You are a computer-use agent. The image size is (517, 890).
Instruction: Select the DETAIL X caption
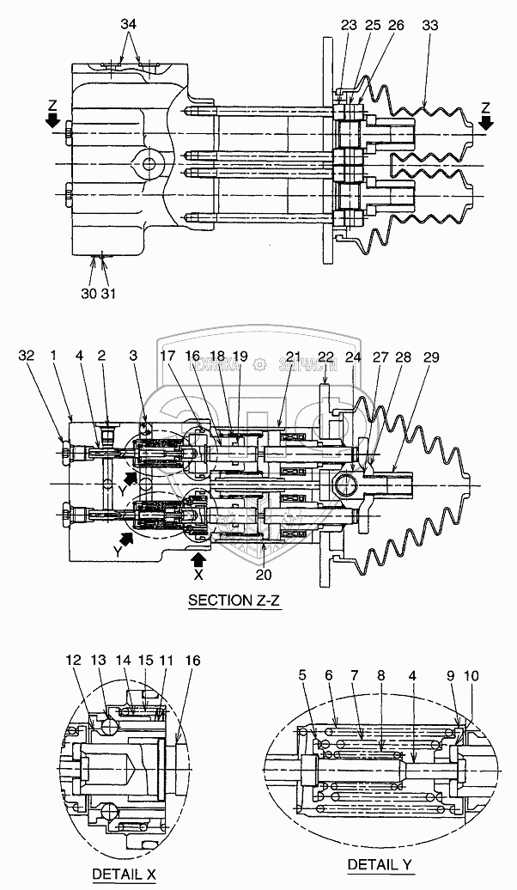[x=118, y=874]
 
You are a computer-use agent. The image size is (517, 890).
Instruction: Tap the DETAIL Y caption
[x=379, y=863]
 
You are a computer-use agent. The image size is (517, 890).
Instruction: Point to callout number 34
[x=129, y=25]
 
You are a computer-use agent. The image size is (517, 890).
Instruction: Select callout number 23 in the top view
[x=348, y=25]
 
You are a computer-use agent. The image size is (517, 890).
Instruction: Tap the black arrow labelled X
[x=197, y=561]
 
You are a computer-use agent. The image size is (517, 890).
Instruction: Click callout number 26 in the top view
[x=395, y=25]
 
